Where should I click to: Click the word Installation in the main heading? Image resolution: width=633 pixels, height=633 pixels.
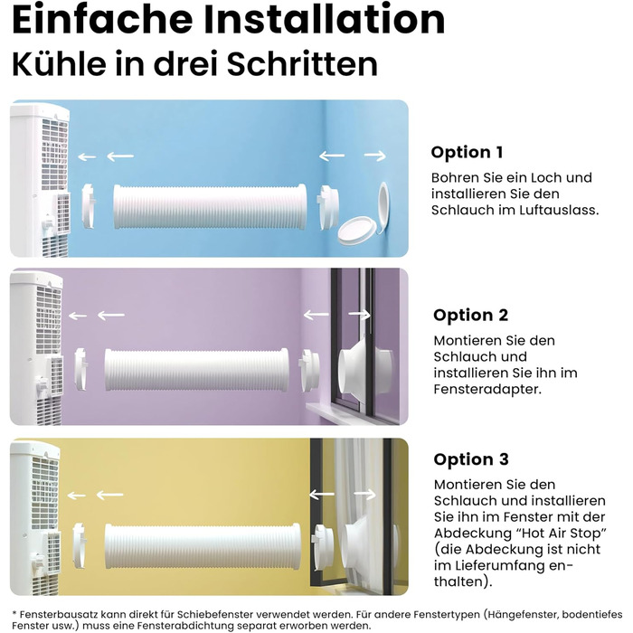[324, 19]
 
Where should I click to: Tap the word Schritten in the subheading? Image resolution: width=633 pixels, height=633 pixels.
[302, 63]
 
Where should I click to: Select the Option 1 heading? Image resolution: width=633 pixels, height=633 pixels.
[468, 152]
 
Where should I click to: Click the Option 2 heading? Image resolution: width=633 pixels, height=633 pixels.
[471, 315]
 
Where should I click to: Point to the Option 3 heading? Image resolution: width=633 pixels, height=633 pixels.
[471, 459]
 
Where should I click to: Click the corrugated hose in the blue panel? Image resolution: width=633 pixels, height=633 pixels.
[210, 207]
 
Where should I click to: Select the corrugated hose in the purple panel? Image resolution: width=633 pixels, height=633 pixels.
[197, 370]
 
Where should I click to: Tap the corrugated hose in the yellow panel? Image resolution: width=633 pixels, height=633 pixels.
[203, 546]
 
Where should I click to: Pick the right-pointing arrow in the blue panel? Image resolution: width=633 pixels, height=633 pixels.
[375, 156]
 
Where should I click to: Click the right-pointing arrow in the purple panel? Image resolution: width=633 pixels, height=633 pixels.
[359, 315]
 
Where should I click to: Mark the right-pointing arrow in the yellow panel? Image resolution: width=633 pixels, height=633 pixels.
[365, 494]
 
